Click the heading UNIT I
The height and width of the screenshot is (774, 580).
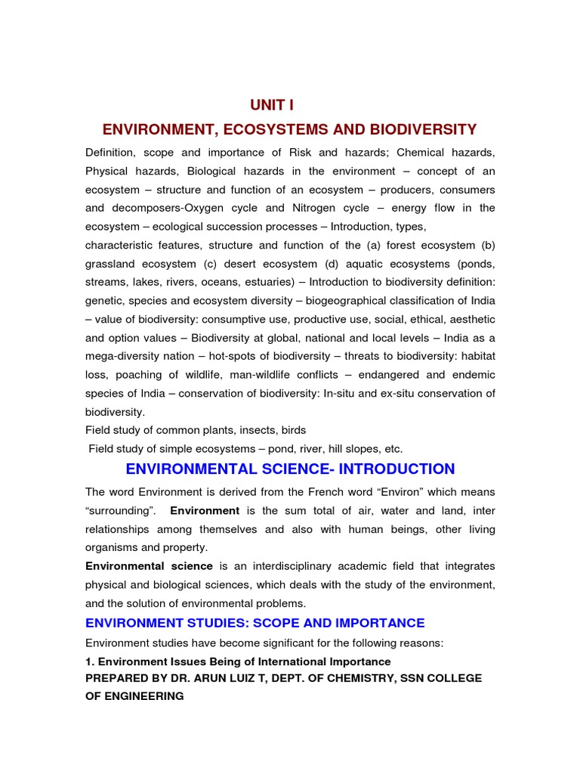click(x=272, y=105)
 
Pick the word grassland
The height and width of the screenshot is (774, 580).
click(x=112, y=264)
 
